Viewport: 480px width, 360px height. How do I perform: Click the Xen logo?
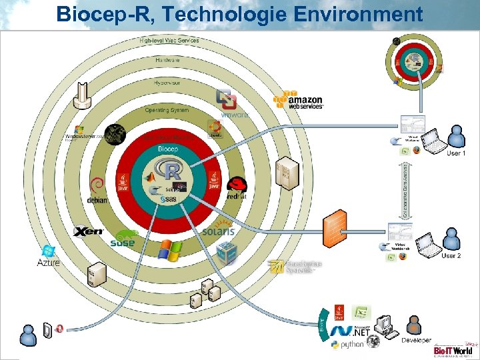click(88, 231)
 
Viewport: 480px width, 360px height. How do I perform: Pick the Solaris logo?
click(219, 229)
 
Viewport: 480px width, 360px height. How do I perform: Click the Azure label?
click(48, 263)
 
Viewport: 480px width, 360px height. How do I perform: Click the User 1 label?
click(456, 153)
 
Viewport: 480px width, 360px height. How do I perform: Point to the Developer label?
click(416, 340)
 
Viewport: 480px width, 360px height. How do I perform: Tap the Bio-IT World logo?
click(453, 349)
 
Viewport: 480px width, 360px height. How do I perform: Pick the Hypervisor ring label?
click(167, 83)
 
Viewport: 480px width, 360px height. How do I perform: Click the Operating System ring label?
click(167, 110)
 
